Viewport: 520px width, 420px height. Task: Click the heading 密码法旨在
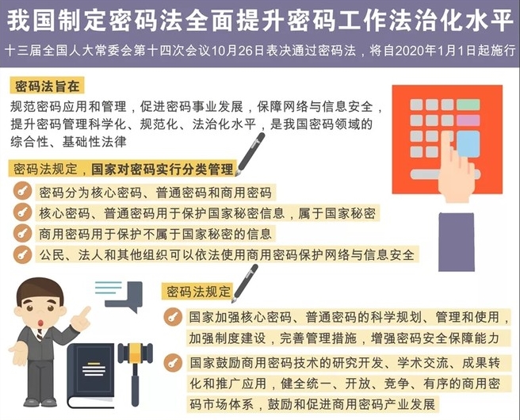(47, 86)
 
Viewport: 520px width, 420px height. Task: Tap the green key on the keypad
(468, 105)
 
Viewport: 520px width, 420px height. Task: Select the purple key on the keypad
(468, 120)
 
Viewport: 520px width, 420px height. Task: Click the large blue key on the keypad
(468, 144)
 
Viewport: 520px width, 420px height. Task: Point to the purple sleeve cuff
(457, 242)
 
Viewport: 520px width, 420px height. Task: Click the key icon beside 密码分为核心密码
(22, 191)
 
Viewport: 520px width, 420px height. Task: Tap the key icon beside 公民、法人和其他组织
(22, 254)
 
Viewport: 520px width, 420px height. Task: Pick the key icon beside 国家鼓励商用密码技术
(173, 363)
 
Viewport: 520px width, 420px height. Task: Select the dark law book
(91, 376)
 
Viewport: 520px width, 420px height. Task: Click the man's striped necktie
(40, 334)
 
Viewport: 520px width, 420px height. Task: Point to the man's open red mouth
(41, 323)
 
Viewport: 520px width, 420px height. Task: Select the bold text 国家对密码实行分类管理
(162, 169)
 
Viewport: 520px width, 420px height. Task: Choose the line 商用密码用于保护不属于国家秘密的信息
(155, 234)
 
